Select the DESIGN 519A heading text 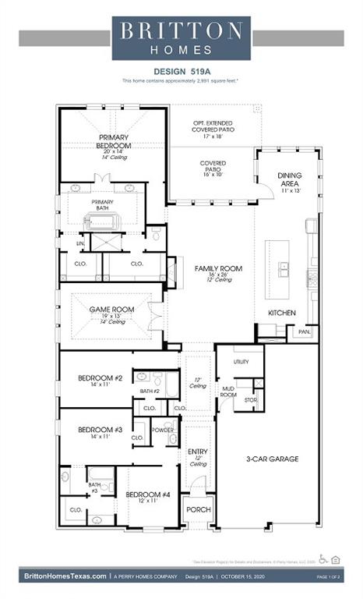[x=181, y=69]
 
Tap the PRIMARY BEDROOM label [x=113, y=141]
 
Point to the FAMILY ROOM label [x=218, y=268]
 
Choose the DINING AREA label [x=290, y=180]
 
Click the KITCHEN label [x=281, y=312]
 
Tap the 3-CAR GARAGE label [x=273, y=459]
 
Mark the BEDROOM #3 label [x=100, y=429]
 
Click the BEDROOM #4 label [x=147, y=494]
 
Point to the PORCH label [x=197, y=510]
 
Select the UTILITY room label [x=241, y=362]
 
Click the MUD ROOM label [x=227, y=391]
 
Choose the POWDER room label [x=163, y=430]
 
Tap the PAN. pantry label [x=302, y=331]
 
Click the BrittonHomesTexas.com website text [x=65, y=576]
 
